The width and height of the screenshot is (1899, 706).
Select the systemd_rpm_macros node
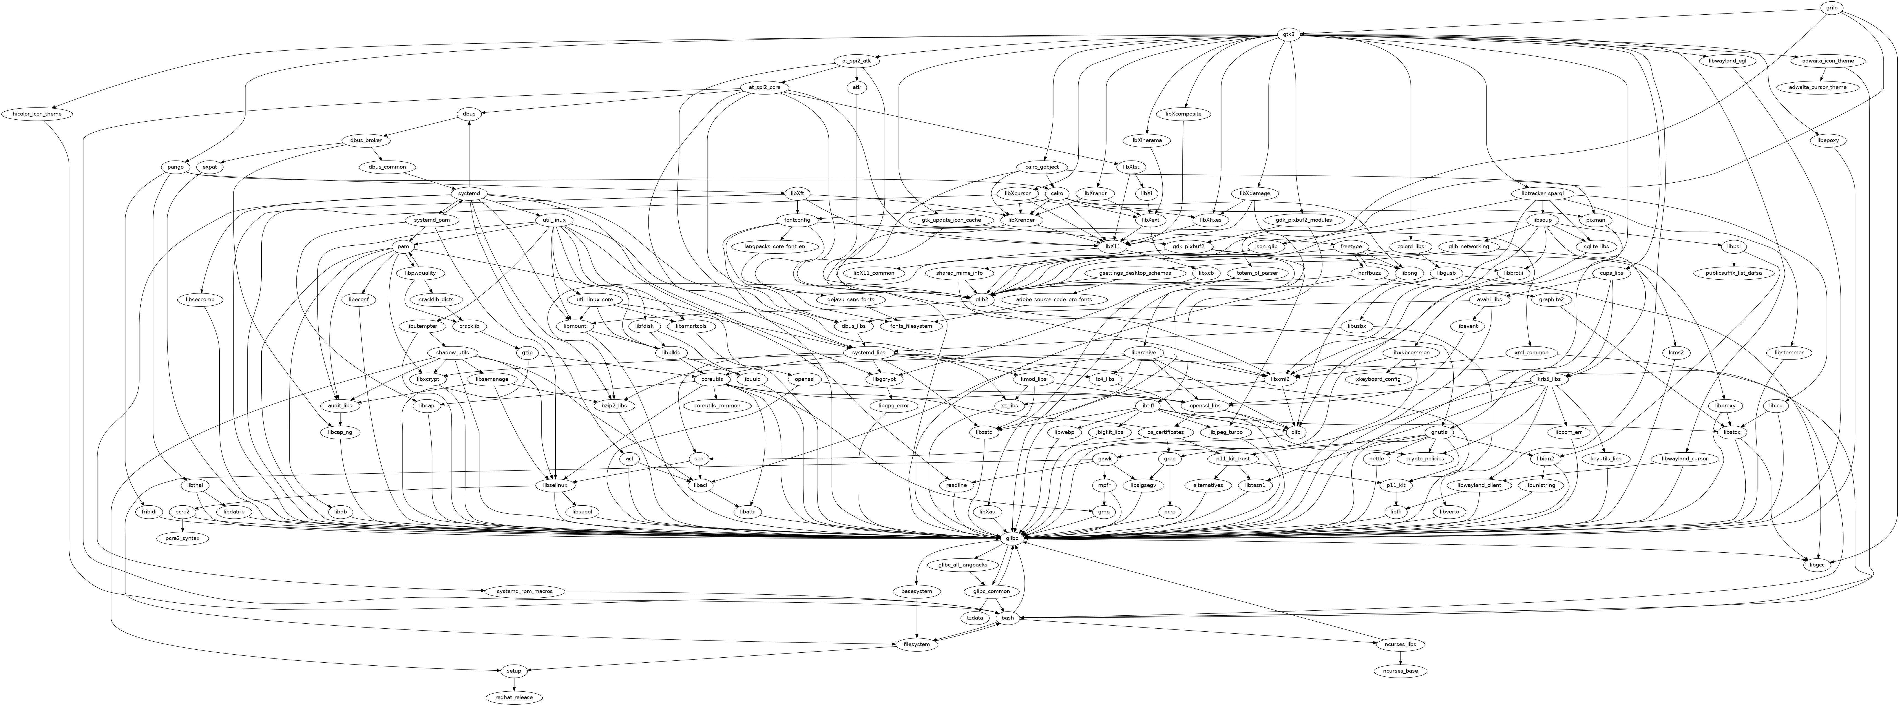point(525,592)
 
